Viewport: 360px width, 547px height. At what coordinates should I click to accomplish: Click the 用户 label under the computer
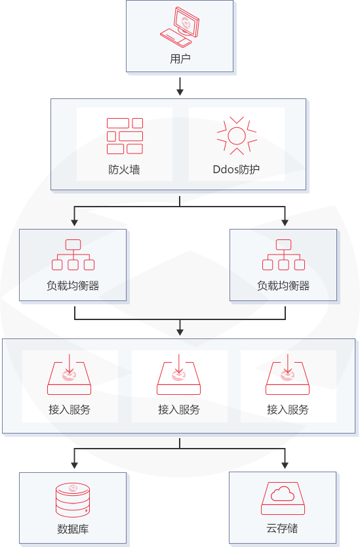(x=180, y=58)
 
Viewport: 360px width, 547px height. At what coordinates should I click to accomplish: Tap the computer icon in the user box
(x=180, y=26)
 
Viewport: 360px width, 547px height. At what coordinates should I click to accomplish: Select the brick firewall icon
(x=125, y=136)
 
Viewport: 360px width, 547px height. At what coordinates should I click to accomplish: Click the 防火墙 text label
(x=124, y=169)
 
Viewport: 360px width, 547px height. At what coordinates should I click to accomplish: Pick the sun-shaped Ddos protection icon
(x=237, y=136)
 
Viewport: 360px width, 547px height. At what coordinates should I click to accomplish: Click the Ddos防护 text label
(x=236, y=169)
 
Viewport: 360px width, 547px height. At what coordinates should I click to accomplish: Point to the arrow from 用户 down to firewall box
(x=180, y=87)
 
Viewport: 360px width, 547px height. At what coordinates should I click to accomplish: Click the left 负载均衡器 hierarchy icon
(x=73, y=254)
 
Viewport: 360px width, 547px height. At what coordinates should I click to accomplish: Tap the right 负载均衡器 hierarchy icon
(x=283, y=254)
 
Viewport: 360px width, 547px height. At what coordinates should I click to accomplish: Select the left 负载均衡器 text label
(x=73, y=286)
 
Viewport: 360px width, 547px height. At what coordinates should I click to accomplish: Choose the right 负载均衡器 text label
(x=283, y=286)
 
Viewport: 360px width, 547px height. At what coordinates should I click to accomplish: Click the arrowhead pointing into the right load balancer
(x=285, y=222)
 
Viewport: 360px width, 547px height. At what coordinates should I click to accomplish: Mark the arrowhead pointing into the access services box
(x=180, y=332)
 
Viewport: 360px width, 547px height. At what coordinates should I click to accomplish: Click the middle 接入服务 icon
(x=178, y=375)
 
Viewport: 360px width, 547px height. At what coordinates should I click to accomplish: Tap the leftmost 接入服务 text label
(x=70, y=409)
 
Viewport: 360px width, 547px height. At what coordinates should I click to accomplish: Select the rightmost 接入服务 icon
(x=288, y=375)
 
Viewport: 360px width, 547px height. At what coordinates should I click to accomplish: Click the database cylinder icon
(x=73, y=500)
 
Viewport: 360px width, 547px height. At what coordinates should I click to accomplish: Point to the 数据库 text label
(x=73, y=529)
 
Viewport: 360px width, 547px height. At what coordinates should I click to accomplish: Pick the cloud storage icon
(x=283, y=498)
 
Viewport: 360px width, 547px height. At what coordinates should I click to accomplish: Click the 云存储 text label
(x=282, y=529)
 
